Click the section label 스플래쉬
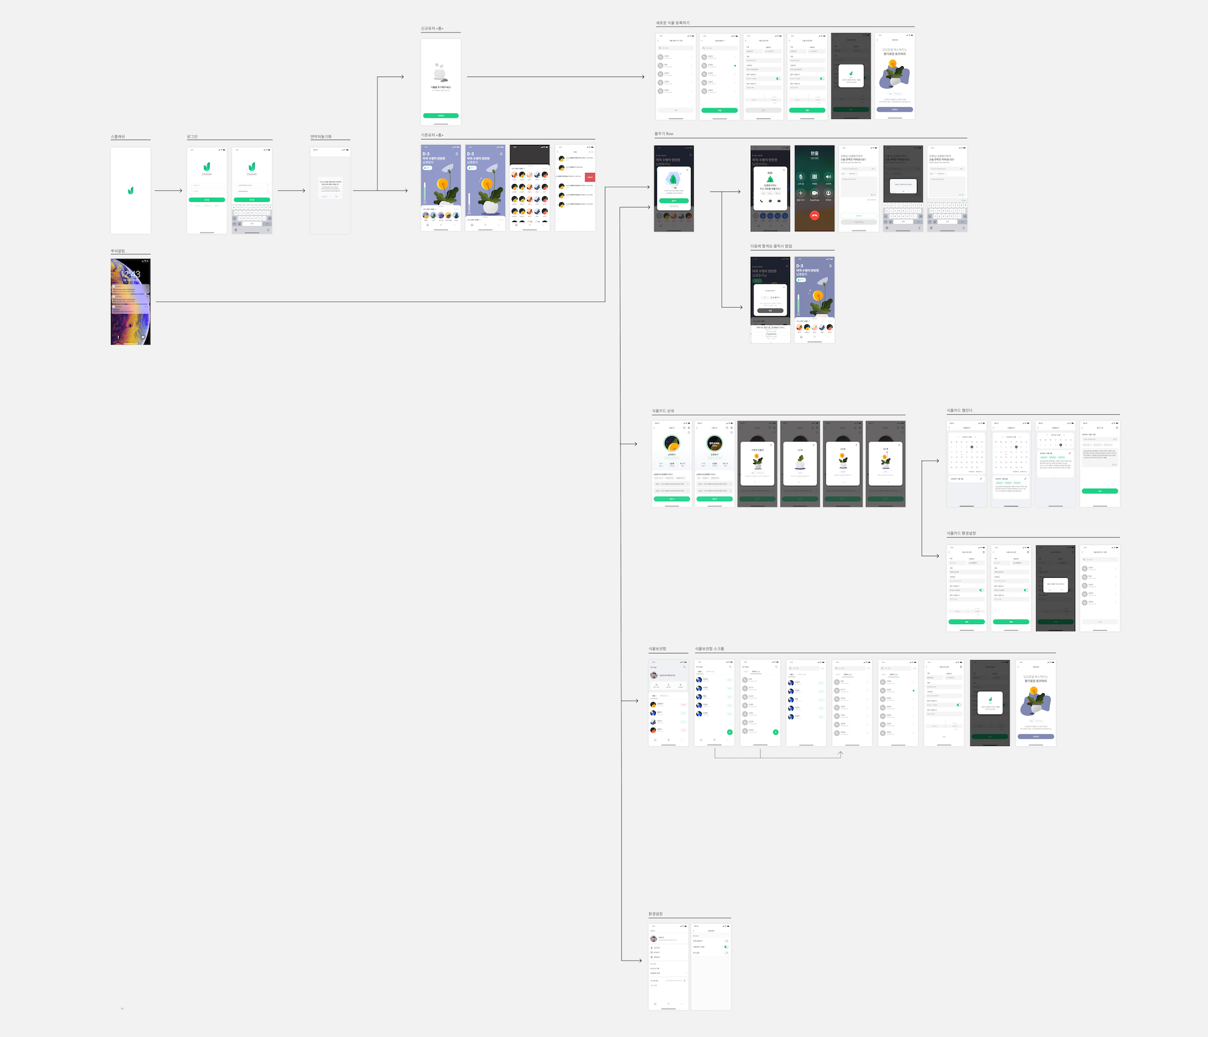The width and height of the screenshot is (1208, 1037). (118, 137)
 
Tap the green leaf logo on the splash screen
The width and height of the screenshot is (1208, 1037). (130, 191)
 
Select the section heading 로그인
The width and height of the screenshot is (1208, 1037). (192, 137)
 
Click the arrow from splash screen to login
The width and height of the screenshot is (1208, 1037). (168, 191)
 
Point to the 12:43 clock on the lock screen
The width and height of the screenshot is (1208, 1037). (130, 274)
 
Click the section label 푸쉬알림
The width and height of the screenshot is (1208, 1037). (118, 251)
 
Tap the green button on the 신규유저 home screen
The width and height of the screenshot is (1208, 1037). (441, 116)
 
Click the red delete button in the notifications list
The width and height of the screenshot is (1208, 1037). (590, 177)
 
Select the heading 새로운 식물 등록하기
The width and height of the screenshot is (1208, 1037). (672, 23)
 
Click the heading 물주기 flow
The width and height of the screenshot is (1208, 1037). (664, 134)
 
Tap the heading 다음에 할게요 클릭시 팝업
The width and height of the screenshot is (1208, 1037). (771, 247)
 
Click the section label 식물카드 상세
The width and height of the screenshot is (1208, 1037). (662, 411)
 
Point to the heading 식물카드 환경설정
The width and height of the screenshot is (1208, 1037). (961, 534)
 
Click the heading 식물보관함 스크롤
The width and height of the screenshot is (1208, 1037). (709, 649)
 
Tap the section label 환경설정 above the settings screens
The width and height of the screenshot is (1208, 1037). (655, 914)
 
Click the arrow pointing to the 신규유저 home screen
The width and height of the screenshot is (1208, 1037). (399, 77)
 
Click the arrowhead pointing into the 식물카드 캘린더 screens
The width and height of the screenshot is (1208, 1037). (936, 461)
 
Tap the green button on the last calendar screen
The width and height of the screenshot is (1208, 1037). (1100, 491)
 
